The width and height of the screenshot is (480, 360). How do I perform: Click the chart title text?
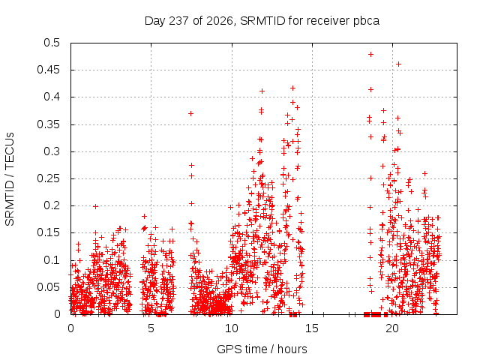(x=262, y=21)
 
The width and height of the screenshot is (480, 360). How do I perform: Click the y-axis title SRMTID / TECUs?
(x=10, y=179)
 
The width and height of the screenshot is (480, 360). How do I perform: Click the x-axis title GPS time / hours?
(x=262, y=349)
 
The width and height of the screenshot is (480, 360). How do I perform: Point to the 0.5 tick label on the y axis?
(x=52, y=43)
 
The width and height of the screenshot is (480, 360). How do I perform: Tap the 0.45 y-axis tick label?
(x=49, y=70)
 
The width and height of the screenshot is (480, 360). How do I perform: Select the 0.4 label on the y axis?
(x=52, y=97)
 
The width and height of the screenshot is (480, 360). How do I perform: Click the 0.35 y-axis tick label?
(x=49, y=124)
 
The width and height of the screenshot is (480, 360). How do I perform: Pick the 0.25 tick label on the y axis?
(x=49, y=178)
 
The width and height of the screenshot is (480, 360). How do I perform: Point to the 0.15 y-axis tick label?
(x=49, y=232)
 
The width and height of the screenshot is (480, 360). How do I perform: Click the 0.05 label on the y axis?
(x=49, y=287)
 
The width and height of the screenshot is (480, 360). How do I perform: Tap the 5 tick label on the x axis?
(x=151, y=328)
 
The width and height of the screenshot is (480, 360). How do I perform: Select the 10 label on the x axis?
(x=232, y=328)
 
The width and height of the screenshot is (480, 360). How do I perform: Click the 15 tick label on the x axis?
(x=312, y=328)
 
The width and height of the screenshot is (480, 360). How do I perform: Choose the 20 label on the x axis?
(x=392, y=328)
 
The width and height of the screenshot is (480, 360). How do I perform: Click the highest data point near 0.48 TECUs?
(x=370, y=55)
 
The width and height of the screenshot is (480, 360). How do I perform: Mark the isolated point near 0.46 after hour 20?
(x=398, y=64)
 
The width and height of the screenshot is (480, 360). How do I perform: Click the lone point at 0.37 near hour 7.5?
(x=190, y=113)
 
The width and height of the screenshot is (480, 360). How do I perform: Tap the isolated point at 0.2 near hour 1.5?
(x=95, y=207)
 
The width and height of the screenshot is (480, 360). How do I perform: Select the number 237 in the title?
(x=178, y=21)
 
